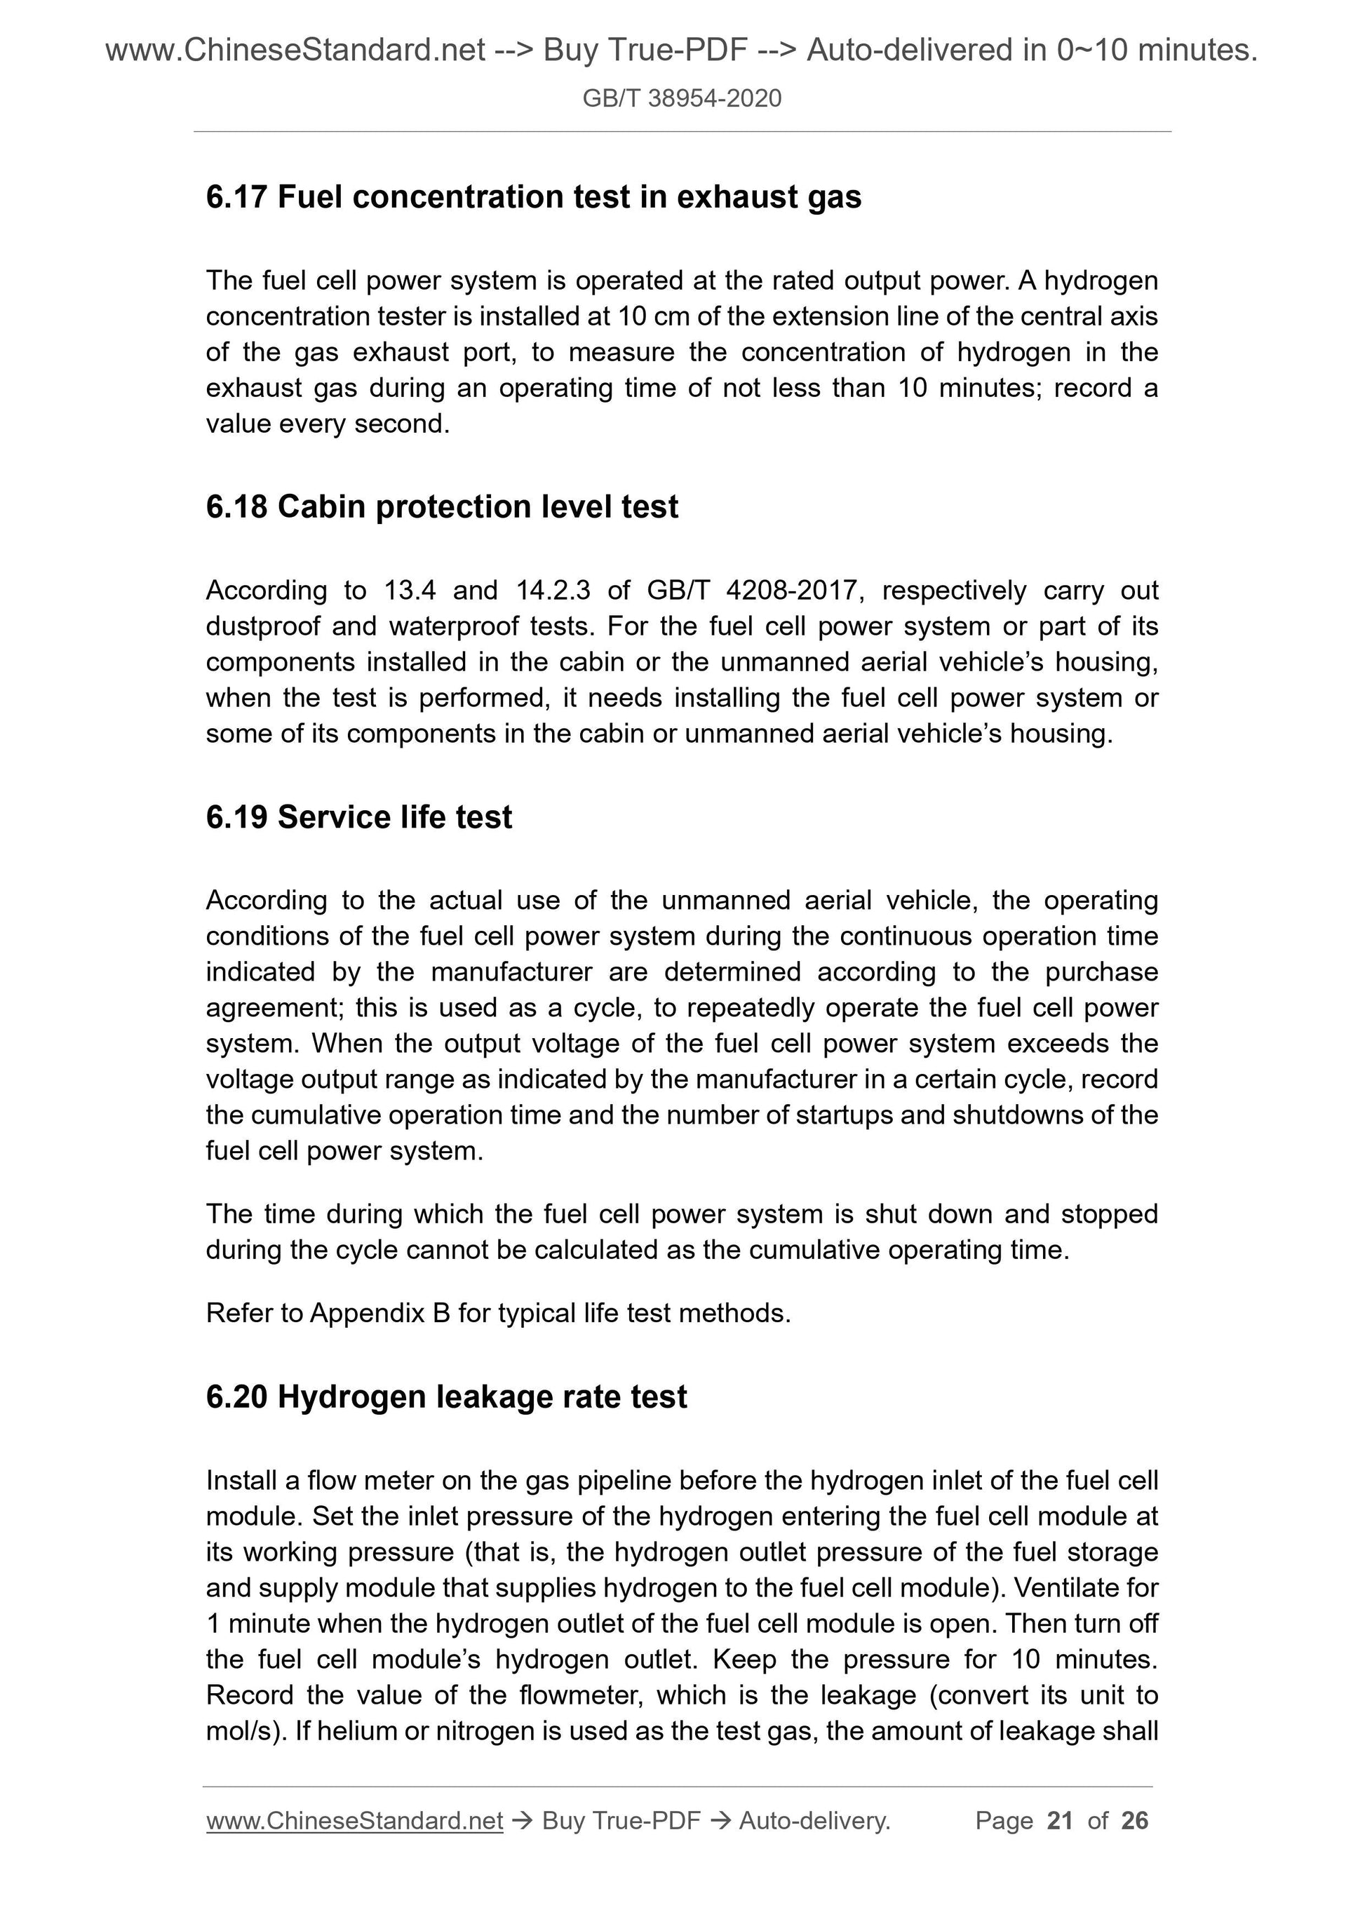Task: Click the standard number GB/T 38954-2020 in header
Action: (x=681, y=99)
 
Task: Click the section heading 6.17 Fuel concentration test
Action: (x=533, y=197)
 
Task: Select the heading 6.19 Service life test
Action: (x=358, y=817)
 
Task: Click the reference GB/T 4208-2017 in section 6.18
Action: (x=755, y=591)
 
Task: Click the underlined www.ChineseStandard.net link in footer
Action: (x=354, y=1821)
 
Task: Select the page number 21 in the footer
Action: (x=1060, y=1821)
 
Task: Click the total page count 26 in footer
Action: (x=1134, y=1821)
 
